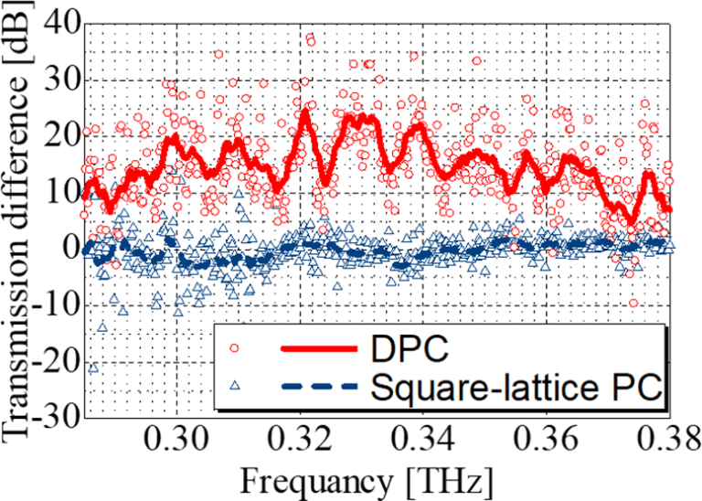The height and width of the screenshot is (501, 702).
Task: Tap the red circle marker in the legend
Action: coord(237,348)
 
